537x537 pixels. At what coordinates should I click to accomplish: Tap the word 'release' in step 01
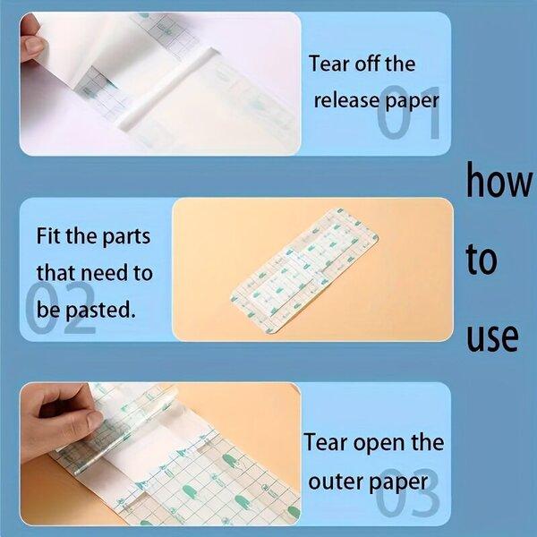click(346, 100)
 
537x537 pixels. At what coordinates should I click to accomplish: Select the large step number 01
click(408, 113)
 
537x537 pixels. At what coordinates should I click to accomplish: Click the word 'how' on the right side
click(499, 180)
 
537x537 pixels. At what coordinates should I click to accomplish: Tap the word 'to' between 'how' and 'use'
click(482, 259)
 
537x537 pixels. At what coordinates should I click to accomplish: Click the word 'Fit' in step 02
click(48, 235)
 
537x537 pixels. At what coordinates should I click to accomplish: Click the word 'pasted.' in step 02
click(99, 311)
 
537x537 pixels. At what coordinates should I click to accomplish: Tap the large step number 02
click(60, 308)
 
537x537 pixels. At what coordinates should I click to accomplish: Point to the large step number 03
click(407, 493)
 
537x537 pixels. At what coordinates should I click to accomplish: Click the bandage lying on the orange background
click(305, 270)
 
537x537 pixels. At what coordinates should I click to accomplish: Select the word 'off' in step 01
click(368, 64)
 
